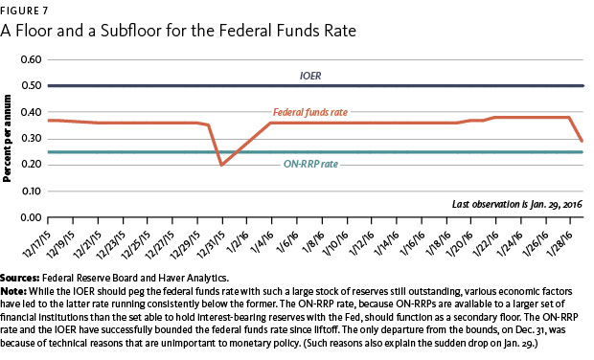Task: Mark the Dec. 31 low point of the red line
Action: [x=221, y=165]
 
